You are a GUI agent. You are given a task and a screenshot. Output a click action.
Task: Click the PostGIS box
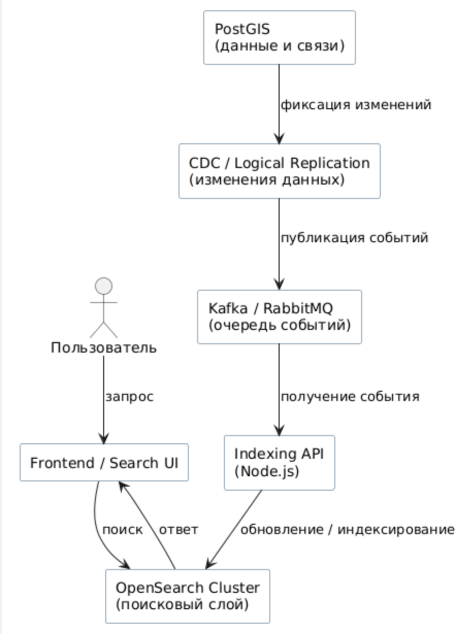click(279, 38)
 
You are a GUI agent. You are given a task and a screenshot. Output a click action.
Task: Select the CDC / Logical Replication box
click(279, 171)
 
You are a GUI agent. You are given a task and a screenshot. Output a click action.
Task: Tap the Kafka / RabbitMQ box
click(279, 316)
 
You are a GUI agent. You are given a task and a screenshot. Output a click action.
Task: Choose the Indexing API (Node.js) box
click(279, 462)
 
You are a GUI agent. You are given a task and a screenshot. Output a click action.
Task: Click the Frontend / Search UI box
click(104, 462)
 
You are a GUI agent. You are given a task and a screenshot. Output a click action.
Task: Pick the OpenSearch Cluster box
click(187, 595)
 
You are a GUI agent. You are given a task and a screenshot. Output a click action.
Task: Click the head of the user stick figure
click(104, 286)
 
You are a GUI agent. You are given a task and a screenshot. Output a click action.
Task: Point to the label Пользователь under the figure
click(104, 348)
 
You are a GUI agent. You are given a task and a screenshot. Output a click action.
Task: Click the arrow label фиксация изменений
click(355, 105)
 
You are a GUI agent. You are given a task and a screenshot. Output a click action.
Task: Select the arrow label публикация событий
click(354, 239)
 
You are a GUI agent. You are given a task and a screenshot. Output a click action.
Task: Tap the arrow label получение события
click(350, 397)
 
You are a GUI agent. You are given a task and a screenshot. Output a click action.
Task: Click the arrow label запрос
click(129, 397)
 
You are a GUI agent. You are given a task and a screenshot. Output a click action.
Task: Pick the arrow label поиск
click(122, 530)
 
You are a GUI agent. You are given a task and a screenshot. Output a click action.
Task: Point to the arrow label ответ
click(178, 530)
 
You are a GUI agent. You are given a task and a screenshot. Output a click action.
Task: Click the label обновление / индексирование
click(347, 530)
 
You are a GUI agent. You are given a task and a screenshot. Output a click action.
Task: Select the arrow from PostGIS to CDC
click(279, 103)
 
